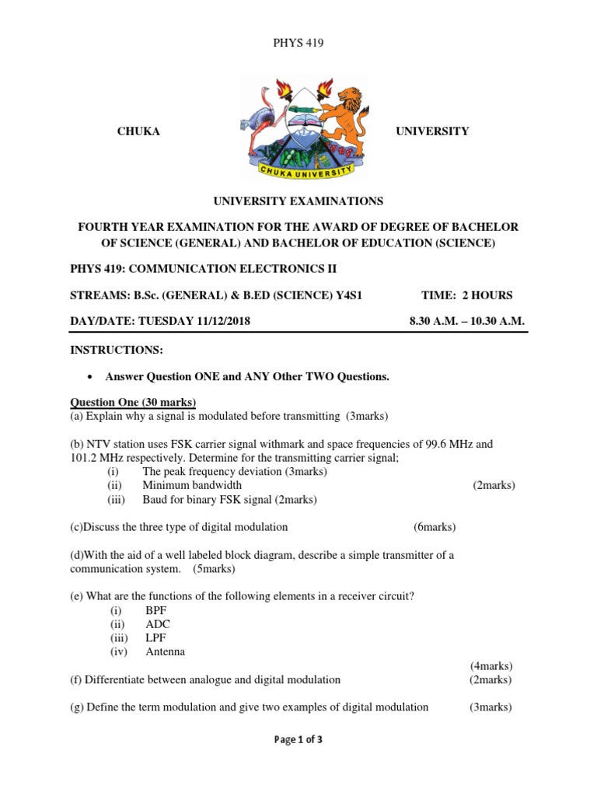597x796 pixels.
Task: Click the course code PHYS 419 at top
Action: tap(298, 43)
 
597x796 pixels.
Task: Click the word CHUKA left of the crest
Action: tap(138, 131)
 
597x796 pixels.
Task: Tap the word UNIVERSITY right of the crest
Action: tap(432, 131)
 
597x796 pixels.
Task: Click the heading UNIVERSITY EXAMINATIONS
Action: tap(298, 201)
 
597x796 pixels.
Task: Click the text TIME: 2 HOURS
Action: tap(466, 295)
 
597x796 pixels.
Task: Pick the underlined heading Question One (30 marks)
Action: tap(134, 402)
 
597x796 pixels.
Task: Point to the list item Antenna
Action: tap(166, 652)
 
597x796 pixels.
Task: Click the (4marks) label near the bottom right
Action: tap(491, 666)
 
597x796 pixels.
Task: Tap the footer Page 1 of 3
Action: tap(298, 740)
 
